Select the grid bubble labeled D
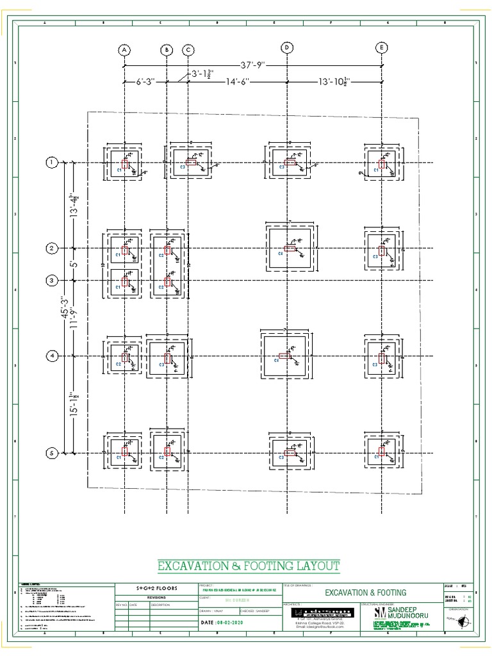288,48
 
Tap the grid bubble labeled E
382,48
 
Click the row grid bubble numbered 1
51,163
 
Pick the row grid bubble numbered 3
51,281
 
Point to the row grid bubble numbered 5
51,454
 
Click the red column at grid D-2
290,248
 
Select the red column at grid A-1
126,165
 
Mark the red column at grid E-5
382,454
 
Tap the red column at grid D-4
284,356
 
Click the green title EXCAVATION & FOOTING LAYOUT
249,566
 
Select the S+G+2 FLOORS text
152,587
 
